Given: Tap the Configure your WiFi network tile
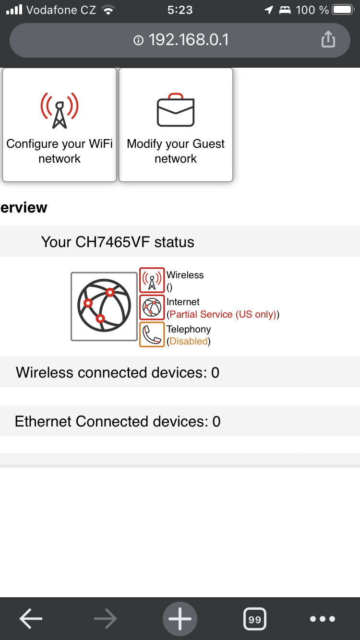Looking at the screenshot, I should click(x=60, y=125).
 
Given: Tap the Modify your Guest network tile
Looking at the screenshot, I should click(x=176, y=125).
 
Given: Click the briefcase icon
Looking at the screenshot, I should click(x=176, y=110).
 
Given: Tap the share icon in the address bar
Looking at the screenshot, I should click(x=328, y=40).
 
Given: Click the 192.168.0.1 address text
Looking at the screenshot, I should click(x=188, y=40).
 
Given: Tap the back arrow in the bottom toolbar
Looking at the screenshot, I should click(x=31, y=619).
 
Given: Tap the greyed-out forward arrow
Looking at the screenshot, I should click(x=106, y=619).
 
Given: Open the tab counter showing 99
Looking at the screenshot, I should click(x=255, y=619).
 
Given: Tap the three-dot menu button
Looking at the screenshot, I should click(x=323, y=619).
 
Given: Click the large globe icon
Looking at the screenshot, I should click(x=104, y=307).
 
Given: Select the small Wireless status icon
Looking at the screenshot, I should click(x=152, y=280).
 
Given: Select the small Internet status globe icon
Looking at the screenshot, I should click(x=152, y=308).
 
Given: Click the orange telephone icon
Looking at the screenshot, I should click(x=152, y=334).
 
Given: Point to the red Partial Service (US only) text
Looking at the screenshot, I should click(x=223, y=314).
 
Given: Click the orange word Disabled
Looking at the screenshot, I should click(x=189, y=342).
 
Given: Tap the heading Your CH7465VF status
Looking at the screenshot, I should click(x=118, y=242).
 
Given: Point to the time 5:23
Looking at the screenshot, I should click(x=180, y=10).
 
